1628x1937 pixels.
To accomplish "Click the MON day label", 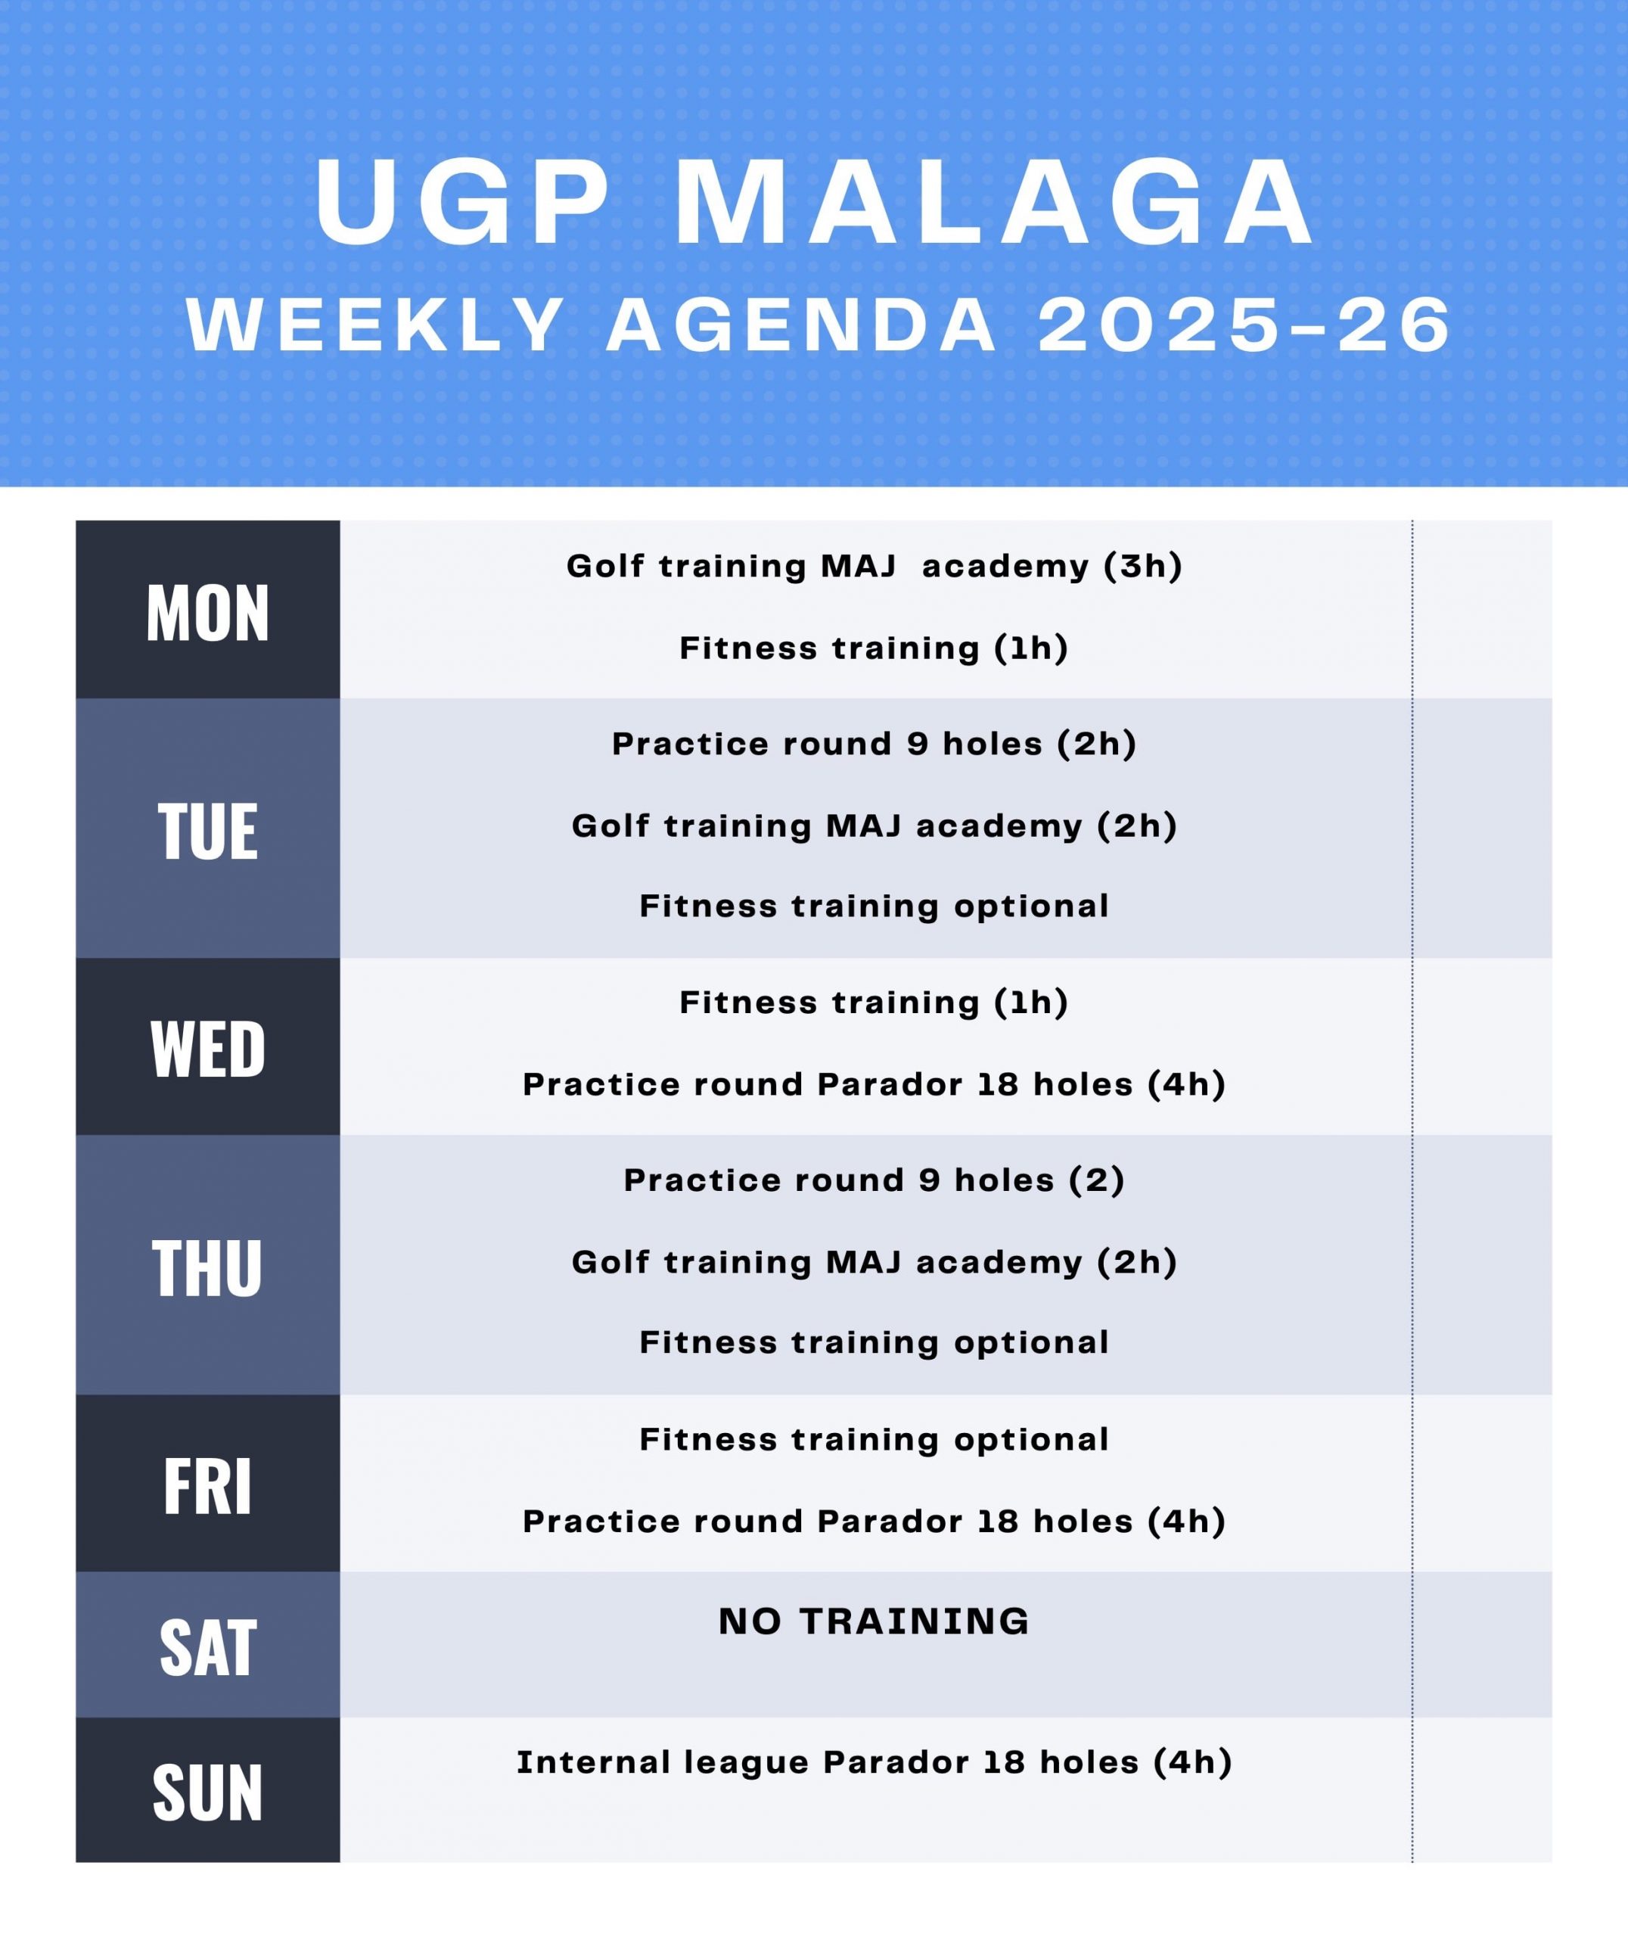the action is pyautogui.click(x=207, y=613).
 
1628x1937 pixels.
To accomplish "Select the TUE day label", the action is pyautogui.click(x=207, y=832).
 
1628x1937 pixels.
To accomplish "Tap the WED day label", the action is pyautogui.click(x=207, y=1049).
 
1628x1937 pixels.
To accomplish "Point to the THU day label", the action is pyautogui.click(x=207, y=1268).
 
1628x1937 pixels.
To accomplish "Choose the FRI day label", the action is pyautogui.click(x=207, y=1487).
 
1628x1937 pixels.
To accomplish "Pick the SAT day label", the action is pyautogui.click(x=207, y=1649).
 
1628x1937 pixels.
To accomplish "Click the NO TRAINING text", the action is pyautogui.click(x=874, y=1621).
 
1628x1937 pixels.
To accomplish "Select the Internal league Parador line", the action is pyautogui.click(x=874, y=1762).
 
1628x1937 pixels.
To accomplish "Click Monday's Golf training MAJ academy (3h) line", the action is pyautogui.click(x=874, y=566).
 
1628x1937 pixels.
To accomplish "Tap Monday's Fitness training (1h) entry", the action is pyautogui.click(x=874, y=648).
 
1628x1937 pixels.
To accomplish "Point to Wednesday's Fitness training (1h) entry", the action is pyautogui.click(x=874, y=1003).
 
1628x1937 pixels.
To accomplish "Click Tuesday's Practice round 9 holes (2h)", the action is pyautogui.click(x=874, y=744).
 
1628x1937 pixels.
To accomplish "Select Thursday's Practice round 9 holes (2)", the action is pyautogui.click(x=874, y=1180).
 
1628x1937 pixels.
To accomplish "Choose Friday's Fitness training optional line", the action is pyautogui.click(x=874, y=1440).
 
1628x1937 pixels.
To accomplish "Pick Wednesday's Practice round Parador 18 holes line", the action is pyautogui.click(x=874, y=1084).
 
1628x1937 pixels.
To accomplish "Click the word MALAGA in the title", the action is pyautogui.click(x=995, y=202).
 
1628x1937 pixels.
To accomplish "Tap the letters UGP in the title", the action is pyautogui.click(x=463, y=202).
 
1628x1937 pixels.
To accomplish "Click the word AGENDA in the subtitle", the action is pyautogui.click(x=802, y=326).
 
